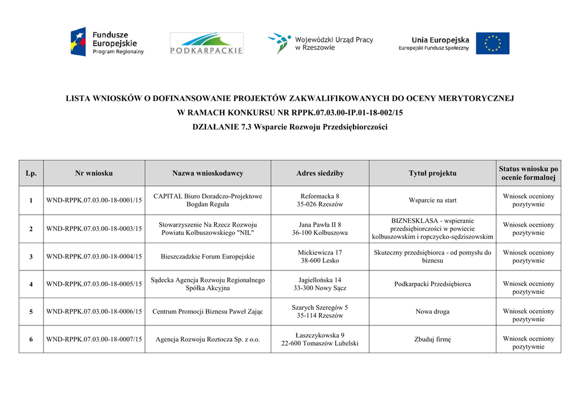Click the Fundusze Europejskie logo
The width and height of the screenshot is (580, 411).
(107, 43)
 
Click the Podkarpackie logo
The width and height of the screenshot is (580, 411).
(207, 43)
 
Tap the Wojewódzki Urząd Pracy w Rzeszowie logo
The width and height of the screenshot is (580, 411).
(321, 43)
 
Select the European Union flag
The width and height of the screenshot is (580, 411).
(492, 43)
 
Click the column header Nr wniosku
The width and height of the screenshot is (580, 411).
(94, 173)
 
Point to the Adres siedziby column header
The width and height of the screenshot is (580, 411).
(320, 173)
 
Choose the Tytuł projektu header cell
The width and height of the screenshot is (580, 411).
(433, 173)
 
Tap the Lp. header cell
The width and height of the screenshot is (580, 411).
(31, 173)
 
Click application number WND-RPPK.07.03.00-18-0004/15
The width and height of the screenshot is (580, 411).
(94, 257)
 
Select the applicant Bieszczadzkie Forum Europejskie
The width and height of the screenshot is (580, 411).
(208, 257)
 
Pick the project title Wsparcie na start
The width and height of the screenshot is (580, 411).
(433, 200)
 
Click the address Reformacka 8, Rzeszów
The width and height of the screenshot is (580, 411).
(320, 200)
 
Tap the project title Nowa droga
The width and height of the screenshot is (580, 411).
(433, 311)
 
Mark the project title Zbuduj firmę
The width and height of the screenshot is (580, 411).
(433, 340)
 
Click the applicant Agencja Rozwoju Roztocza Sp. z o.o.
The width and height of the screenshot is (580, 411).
(208, 340)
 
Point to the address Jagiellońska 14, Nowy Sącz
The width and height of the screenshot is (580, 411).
(320, 284)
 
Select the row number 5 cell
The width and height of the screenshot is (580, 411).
(31, 311)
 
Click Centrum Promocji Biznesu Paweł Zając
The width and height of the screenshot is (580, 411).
(208, 311)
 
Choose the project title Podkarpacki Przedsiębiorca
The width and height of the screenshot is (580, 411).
(433, 284)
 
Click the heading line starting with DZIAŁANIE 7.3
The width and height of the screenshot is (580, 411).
(290, 127)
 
